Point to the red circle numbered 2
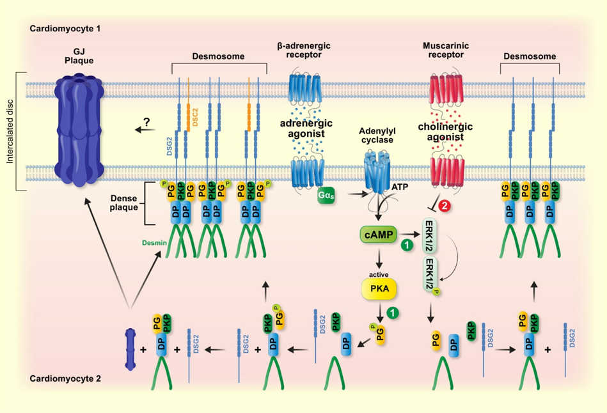click(446, 206)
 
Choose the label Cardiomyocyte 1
click(65, 29)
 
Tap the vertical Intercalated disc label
click(11, 130)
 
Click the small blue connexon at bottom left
click(130, 350)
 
